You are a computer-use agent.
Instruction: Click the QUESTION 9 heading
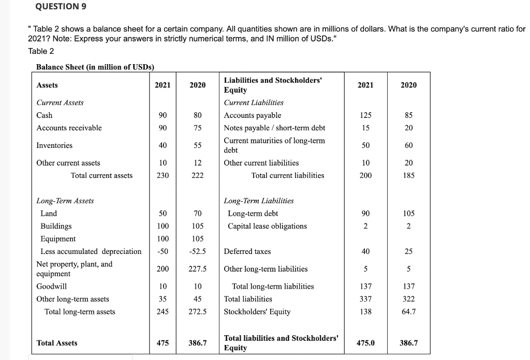pyautogui.click(x=62, y=7)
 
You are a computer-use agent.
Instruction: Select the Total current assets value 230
pyautogui.click(x=163, y=175)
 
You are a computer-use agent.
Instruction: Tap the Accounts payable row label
pyautogui.click(x=253, y=115)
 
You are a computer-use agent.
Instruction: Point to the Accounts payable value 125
pyautogui.click(x=365, y=115)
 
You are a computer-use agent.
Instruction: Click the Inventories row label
pyautogui.click(x=54, y=145)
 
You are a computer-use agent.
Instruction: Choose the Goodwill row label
pyautogui.click(x=51, y=286)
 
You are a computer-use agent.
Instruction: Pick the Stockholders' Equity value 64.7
pyautogui.click(x=408, y=311)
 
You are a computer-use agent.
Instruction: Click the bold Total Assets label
pyautogui.click(x=57, y=343)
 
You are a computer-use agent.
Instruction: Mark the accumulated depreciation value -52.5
pyautogui.click(x=197, y=251)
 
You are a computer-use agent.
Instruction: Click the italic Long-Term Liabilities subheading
pyautogui.click(x=258, y=201)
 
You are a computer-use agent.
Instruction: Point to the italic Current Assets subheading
pyautogui.click(x=60, y=102)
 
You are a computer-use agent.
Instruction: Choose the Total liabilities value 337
pyautogui.click(x=365, y=299)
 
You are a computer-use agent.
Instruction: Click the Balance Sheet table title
pyautogui.click(x=95, y=67)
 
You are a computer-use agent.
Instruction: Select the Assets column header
pyautogui.click(x=47, y=85)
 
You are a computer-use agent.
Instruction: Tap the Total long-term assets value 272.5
pyautogui.click(x=197, y=311)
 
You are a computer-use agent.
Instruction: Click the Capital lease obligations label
pyautogui.click(x=267, y=226)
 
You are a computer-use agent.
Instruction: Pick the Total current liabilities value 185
pyautogui.click(x=408, y=175)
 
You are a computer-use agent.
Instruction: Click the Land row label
pyautogui.click(x=49, y=213)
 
